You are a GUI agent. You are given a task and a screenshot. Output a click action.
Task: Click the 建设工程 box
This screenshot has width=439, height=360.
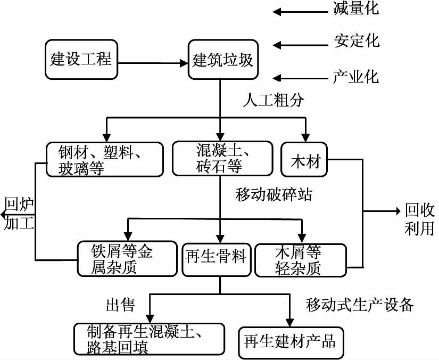pyautogui.click(x=81, y=59)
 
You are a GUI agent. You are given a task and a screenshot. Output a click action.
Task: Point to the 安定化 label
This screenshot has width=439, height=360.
pyautogui.click(x=357, y=41)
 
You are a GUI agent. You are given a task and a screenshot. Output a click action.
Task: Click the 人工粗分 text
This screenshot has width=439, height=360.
pyautogui.click(x=273, y=100)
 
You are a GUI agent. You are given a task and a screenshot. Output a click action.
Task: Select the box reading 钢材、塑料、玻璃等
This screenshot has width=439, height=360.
pyautogui.click(x=104, y=159)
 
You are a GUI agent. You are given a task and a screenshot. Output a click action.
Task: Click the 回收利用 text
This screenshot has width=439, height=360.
pyautogui.click(x=420, y=219)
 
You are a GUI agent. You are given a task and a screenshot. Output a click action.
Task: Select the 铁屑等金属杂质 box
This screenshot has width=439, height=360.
pyautogui.click(x=126, y=258)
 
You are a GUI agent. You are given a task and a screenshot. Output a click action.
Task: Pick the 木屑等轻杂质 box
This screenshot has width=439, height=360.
pyautogui.click(x=301, y=259)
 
